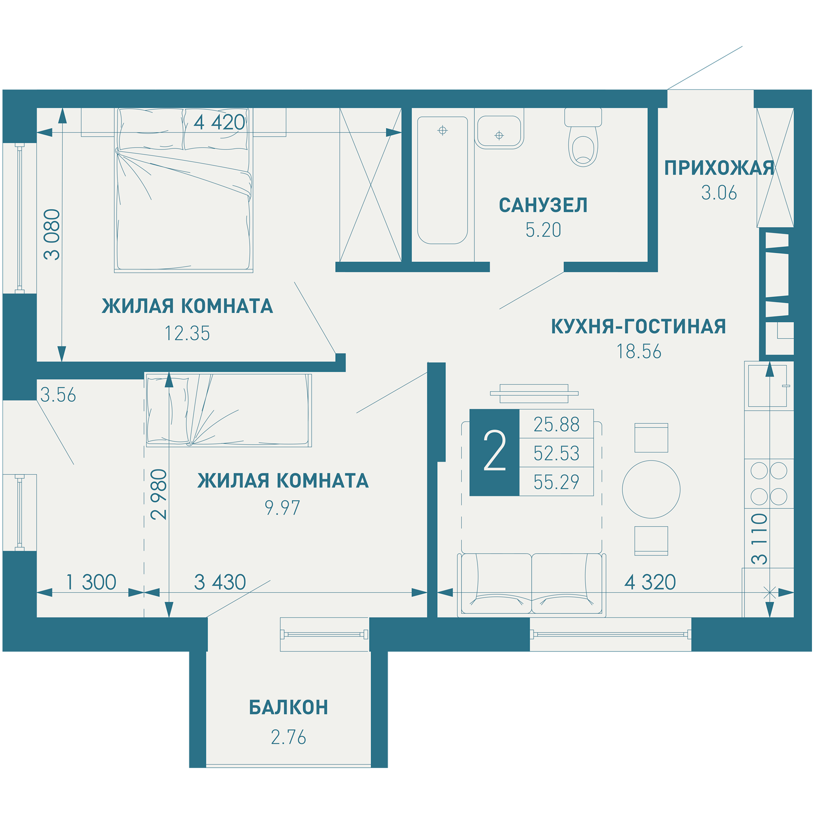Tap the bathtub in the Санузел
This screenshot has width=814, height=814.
coord(442,180)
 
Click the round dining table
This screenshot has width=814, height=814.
coord(651,489)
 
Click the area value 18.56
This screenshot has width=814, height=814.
coord(639,351)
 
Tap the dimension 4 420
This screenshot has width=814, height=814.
coord(219,123)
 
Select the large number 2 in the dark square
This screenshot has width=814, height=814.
coord(494,451)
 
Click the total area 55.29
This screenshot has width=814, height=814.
coord(556,482)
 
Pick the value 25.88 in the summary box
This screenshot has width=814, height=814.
coord(556,425)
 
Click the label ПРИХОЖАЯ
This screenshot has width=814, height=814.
coord(719,168)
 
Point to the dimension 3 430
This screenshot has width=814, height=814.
coord(220,582)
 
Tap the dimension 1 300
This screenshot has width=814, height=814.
coord(91,582)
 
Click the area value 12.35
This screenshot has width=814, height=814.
coord(187,333)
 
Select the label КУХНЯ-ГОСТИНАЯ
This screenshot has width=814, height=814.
coord(639,326)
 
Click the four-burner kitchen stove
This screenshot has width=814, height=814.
coord(769,483)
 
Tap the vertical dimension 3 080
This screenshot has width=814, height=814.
coord(53,234)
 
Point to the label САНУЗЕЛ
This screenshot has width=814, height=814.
coord(543,205)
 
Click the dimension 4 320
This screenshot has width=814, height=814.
coord(650,582)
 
